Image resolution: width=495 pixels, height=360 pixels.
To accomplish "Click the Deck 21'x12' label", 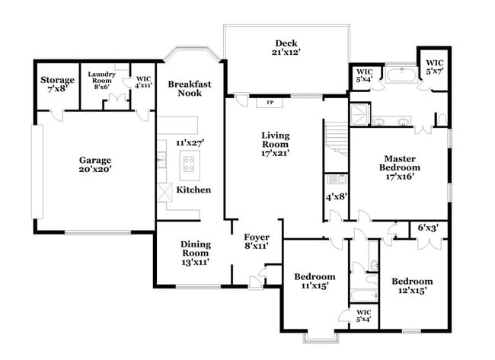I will click(x=286, y=48).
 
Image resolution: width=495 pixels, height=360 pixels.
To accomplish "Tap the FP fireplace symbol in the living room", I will click(x=270, y=101).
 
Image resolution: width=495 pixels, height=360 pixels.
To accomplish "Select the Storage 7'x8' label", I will click(x=57, y=84).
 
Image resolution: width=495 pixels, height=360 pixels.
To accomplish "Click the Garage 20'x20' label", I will click(x=94, y=165).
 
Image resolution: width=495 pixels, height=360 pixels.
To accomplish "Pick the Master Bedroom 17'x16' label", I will click(x=400, y=167).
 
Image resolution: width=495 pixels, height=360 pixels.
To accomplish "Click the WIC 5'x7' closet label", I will click(x=434, y=66).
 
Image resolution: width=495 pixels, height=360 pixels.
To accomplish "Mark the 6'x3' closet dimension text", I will click(x=428, y=227).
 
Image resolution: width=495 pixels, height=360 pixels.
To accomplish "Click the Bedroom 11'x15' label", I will click(x=315, y=281).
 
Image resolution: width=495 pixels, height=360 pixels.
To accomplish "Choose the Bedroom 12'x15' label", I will click(x=411, y=285).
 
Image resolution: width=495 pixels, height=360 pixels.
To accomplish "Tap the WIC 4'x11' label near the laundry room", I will click(x=144, y=82).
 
